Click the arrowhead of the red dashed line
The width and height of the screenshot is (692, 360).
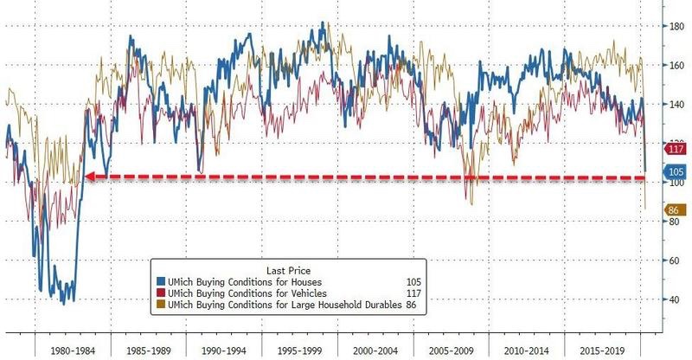[x=88, y=177]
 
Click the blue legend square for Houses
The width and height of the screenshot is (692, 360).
[x=160, y=281]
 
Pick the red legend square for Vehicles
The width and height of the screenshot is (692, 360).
[x=160, y=292]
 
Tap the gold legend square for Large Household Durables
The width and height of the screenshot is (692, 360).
[x=160, y=305]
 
